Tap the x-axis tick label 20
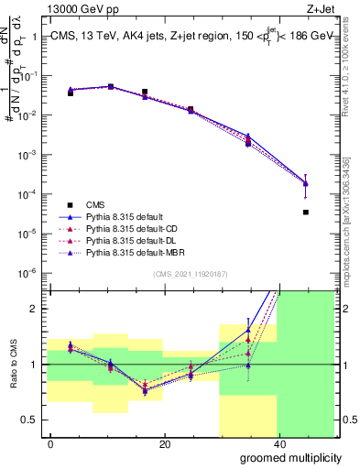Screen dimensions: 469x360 (x=164, y=444)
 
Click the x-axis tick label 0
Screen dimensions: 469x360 (x=50, y=444)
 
